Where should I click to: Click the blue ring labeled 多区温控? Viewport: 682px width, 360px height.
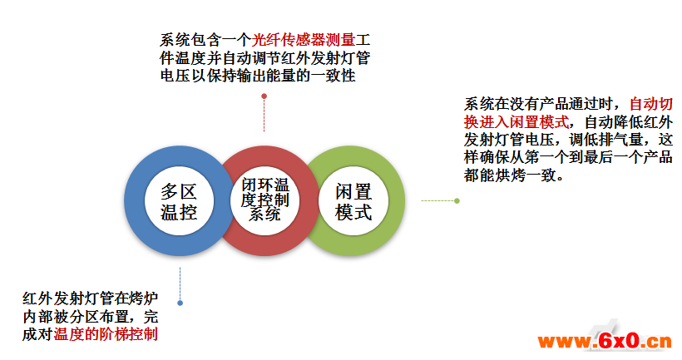click(134, 201)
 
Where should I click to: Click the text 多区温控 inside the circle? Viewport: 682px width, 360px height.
click(179, 202)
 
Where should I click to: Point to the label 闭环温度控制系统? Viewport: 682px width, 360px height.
click(265, 200)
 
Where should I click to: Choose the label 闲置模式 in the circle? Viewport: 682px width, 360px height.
click(353, 202)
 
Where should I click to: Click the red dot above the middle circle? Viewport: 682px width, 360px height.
click(264, 96)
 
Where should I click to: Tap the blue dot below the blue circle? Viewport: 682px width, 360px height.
click(180, 303)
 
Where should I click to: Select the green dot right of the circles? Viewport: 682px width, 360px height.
click(457, 201)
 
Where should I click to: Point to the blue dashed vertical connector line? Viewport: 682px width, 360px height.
click(180, 284)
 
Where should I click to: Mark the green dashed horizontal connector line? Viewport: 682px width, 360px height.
click(437, 201)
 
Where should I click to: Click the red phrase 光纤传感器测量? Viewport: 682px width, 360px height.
click(304, 40)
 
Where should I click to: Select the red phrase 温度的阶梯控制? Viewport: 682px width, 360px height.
click(106, 334)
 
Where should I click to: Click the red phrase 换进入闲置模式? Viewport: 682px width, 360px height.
click(516, 122)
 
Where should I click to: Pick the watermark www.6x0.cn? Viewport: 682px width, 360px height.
click(605, 342)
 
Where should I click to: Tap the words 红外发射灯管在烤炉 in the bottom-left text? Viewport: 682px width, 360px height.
click(91, 298)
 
